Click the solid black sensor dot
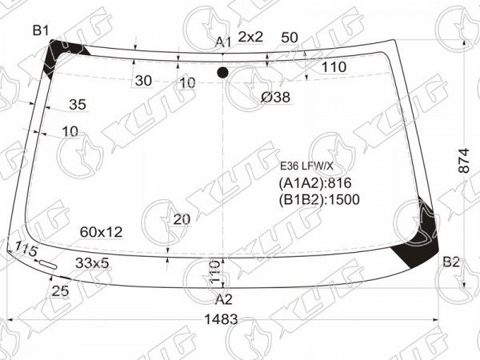222,73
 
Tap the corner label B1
41,30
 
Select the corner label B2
451,262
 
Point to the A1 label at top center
223,42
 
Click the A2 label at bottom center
224,299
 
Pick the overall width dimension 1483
221,319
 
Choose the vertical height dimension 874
464,161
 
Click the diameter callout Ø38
275,97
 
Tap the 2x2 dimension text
250,37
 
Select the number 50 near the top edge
290,38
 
